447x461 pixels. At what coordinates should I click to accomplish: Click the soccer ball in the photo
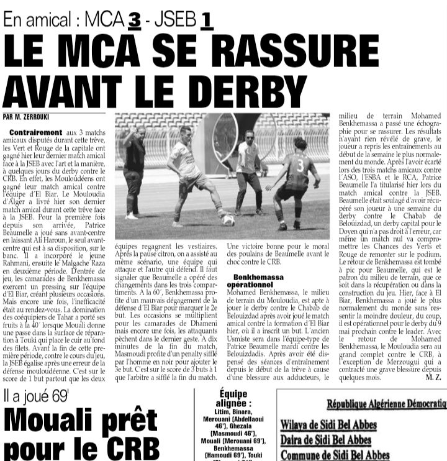228,219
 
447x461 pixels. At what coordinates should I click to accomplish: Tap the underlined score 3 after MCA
134,20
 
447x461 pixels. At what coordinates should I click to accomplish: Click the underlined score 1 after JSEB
205,20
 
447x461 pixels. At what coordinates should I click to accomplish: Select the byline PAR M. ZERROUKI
27,116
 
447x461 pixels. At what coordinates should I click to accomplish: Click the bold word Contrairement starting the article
36,132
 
